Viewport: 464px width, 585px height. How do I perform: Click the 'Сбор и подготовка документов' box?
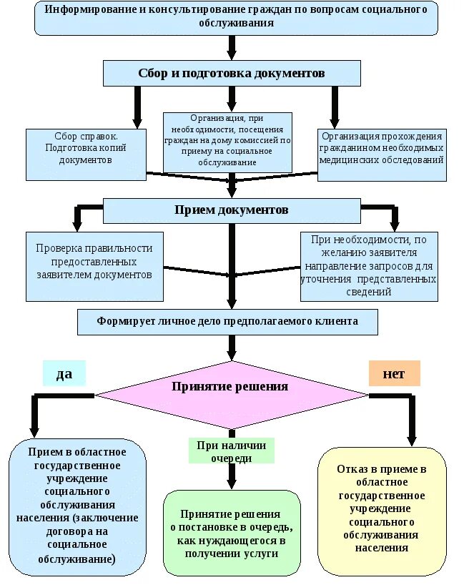click(232, 73)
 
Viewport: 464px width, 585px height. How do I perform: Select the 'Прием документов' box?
click(232, 210)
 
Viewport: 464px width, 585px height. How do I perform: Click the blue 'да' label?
click(64, 373)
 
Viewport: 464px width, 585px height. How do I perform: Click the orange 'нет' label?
click(394, 373)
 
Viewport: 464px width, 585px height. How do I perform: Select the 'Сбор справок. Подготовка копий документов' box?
click(86, 154)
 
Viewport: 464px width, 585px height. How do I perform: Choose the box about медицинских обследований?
click(382, 154)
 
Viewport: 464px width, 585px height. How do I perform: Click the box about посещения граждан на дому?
click(227, 142)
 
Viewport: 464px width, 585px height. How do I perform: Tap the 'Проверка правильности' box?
click(94, 265)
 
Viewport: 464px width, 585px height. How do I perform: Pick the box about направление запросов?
click(368, 265)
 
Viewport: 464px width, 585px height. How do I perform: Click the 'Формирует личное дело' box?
click(227, 321)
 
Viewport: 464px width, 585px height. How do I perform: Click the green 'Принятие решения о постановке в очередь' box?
click(232, 533)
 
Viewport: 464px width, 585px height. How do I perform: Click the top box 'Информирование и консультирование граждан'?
click(235, 17)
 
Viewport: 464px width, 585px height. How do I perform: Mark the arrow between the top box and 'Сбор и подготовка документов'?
click(232, 48)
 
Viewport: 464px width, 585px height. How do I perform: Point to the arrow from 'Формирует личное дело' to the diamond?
click(232, 348)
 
